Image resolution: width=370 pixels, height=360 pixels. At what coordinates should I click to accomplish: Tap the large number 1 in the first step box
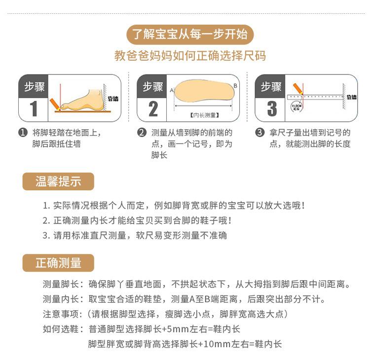[33, 109]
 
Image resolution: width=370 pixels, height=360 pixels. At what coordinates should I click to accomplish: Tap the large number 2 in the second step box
[153, 109]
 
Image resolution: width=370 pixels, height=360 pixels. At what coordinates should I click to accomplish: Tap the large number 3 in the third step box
[272, 109]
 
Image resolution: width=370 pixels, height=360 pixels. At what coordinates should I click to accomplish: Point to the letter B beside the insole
[235, 85]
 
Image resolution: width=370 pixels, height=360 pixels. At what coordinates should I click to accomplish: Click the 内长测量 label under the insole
[204, 115]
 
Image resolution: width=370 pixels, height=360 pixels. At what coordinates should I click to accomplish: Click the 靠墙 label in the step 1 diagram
[113, 99]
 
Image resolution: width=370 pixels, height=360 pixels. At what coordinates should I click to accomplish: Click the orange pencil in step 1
[55, 104]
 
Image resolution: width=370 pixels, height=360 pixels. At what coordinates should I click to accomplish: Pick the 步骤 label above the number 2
[153, 87]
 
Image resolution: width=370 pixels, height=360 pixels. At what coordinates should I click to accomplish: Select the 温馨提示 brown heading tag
[58, 181]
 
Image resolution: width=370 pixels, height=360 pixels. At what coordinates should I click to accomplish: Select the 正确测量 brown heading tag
[58, 263]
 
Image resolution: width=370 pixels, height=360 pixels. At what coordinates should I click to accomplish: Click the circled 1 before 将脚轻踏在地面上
[22, 133]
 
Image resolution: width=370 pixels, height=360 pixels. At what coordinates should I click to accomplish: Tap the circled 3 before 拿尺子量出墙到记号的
[259, 133]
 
